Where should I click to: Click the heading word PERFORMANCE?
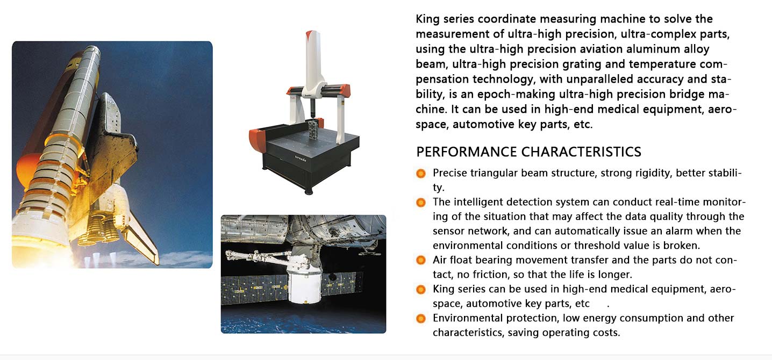[467, 152]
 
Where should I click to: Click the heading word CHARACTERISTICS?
[581, 152]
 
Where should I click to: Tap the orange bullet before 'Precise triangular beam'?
[421, 173]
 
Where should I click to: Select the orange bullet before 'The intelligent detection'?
[421, 202]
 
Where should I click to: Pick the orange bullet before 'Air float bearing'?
[421, 260]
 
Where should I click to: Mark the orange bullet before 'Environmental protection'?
[421, 318]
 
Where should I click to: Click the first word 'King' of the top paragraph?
[428, 19]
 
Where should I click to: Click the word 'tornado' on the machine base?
[300, 159]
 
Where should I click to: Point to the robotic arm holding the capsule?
[258, 257]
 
